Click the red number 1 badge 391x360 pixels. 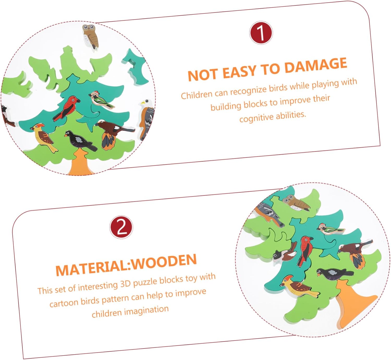click(x=261, y=33)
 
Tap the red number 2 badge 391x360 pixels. click(x=121, y=227)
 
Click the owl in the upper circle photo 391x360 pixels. click(x=90, y=36)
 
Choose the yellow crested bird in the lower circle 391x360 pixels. click(x=299, y=286)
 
